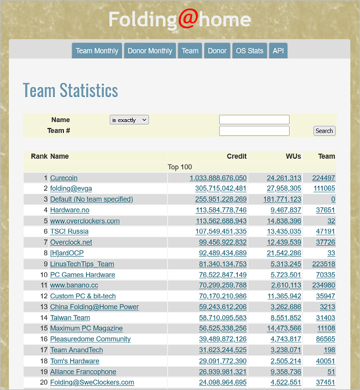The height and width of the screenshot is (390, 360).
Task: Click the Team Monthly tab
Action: tap(97, 51)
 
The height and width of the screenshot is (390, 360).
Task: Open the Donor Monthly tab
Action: tap(150, 51)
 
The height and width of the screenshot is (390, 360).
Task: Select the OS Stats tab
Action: tap(249, 51)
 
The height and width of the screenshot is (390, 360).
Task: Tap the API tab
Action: tap(278, 51)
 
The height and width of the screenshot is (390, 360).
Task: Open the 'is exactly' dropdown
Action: tap(129, 120)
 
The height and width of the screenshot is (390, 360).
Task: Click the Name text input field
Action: tap(254, 120)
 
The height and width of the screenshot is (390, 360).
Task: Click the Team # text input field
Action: tap(254, 131)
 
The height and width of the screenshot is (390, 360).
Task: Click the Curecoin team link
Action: tap(63, 178)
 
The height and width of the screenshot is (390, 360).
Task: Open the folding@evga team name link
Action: tap(71, 188)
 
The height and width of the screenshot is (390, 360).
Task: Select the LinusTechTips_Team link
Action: tap(82, 264)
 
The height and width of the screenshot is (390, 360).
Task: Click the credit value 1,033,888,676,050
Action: tap(218, 178)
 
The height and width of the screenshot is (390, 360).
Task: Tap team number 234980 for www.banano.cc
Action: tap(323, 285)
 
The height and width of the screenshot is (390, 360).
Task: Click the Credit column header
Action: tap(236, 156)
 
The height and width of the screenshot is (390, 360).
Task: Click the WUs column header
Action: tap(293, 156)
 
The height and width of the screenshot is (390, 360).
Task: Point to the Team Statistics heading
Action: tap(70, 91)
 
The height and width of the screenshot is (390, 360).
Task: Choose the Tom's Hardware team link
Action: tap(74, 361)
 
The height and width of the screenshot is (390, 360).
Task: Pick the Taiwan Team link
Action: tap(70, 318)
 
